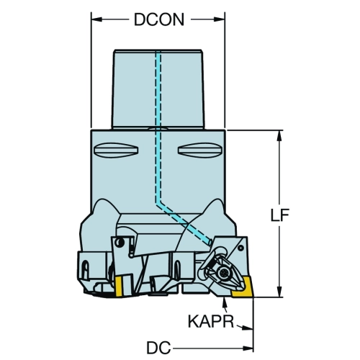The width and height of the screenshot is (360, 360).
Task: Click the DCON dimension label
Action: (159, 19)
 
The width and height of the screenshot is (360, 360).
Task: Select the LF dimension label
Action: (279, 215)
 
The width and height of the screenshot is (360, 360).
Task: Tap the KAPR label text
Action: (211, 321)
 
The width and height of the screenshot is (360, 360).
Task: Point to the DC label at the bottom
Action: (158, 348)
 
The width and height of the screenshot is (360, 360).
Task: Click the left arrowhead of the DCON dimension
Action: (96, 19)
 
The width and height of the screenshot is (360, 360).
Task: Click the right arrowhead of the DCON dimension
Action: (220, 19)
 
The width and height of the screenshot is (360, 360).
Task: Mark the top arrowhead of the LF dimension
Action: (279, 135)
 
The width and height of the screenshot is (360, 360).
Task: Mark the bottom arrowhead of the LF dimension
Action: (279, 292)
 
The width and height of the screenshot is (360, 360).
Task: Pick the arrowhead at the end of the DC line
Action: (248, 348)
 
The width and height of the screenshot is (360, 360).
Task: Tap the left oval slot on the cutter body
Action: (116, 150)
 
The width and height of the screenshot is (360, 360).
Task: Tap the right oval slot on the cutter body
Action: (200, 150)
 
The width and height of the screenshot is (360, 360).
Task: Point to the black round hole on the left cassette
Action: (119, 243)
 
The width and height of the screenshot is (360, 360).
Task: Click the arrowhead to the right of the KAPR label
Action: (247, 328)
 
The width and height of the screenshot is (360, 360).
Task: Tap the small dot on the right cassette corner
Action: (241, 248)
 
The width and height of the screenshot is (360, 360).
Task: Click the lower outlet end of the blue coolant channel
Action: (210, 243)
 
